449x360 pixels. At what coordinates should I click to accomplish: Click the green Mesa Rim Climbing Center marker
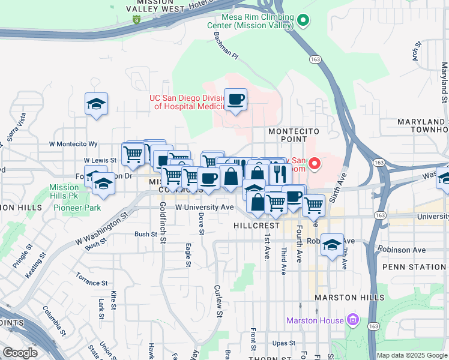pyautogui.click(x=303, y=21)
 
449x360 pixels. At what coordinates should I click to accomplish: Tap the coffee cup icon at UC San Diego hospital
pyautogui.click(x=235, y=99)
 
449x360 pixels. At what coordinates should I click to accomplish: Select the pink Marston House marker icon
pyautogui.click(x=353, y=321)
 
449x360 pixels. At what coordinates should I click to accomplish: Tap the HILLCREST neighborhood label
pyautogui.click(x=255, y=226)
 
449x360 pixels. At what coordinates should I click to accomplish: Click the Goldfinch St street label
pyautogui.click(x=163, y=223)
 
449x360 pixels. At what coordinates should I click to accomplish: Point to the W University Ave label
pyautogui.click(x=204, y=207)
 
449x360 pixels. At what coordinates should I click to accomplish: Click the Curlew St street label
pyautogui.click(x=218, y=301)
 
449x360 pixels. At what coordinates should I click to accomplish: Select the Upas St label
pyautogui.click(x=282, y=343)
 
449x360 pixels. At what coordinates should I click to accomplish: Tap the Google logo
pyautogui.click(x=20, y=353)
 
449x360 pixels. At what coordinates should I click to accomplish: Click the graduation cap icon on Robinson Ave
pyautogui.click(x=332, y=245)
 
